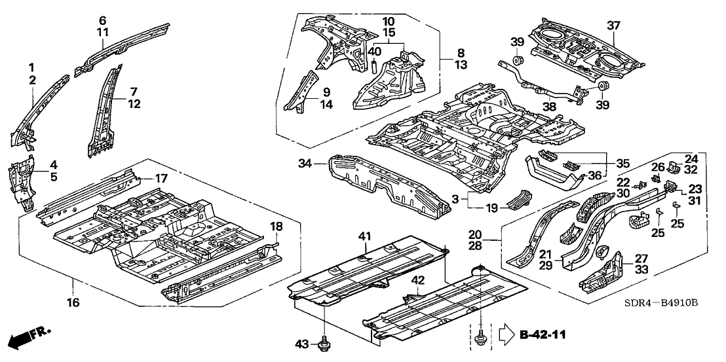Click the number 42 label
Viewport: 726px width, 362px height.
point(417,281)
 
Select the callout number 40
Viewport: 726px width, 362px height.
point(374,51)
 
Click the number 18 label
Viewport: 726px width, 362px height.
point(277,226)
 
